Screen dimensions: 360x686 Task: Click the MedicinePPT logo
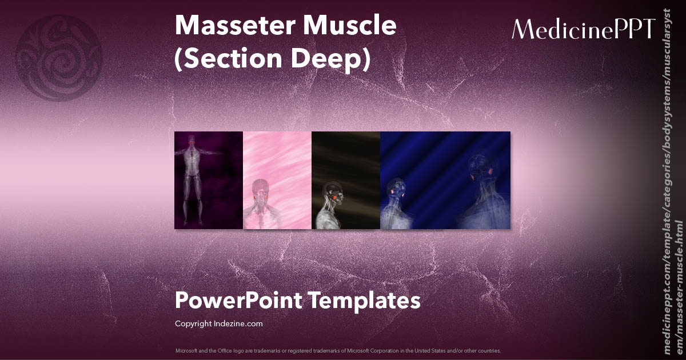pos(583,29)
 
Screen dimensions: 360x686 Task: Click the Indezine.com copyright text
pos(218,323)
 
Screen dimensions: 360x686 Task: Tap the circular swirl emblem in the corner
pos(59,58)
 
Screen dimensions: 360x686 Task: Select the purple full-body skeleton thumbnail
pos(209,180)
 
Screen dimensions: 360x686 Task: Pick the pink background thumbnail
pos(277,180)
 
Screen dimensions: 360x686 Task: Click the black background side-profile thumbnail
pos(346,180)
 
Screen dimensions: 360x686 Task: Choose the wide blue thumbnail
pos(445,180)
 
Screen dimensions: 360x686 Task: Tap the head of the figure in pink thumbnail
pos(261,188)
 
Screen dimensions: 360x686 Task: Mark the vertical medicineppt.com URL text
pos(673,189)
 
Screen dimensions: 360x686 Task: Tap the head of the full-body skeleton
pos(190,139)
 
